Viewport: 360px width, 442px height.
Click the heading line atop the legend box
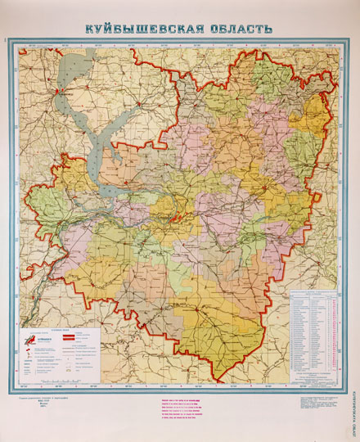coord(61,328)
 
